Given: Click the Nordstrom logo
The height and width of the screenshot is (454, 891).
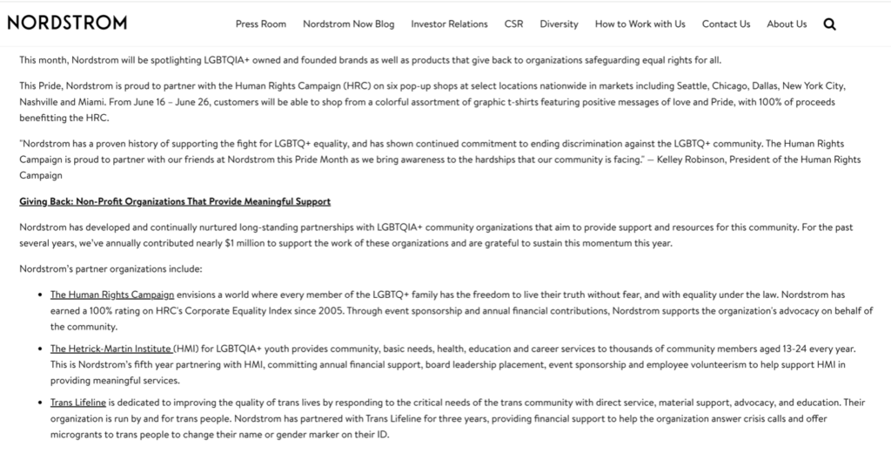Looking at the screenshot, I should (67, 23).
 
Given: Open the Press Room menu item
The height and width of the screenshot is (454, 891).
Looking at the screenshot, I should (260, 24).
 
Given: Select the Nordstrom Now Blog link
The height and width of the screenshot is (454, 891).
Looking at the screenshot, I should (348, 24).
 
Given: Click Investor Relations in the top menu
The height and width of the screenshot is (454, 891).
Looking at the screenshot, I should (449, 24).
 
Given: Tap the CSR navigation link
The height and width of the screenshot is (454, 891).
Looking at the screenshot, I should (513, 24).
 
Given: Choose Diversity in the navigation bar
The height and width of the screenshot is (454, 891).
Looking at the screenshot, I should (559, 24).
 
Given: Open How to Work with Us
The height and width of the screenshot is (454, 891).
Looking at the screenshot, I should (640, 24).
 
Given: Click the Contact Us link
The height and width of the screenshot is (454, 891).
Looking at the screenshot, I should (726, 24).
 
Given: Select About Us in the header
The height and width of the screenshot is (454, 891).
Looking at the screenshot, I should (787, 24).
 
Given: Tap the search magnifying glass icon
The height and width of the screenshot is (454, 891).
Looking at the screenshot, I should (829, 24).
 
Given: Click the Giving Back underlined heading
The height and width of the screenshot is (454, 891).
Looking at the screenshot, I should (175, 202).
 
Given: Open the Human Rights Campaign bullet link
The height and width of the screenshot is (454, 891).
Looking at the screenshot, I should (112, 295).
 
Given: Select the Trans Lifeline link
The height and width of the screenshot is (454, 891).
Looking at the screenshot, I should (77, 403).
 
